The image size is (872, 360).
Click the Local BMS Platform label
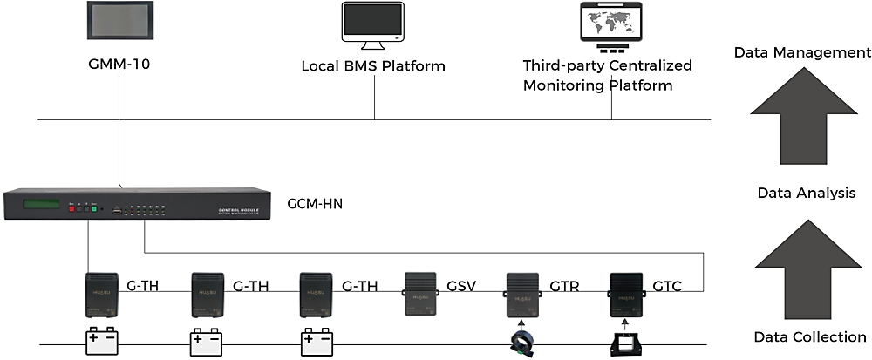click(x=373, y=66)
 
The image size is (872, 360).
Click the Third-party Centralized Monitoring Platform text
click(x=607, y=76)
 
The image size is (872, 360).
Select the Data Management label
click(x=801, y=52)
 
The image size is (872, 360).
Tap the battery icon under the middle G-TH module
click(x=207, y=341)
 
